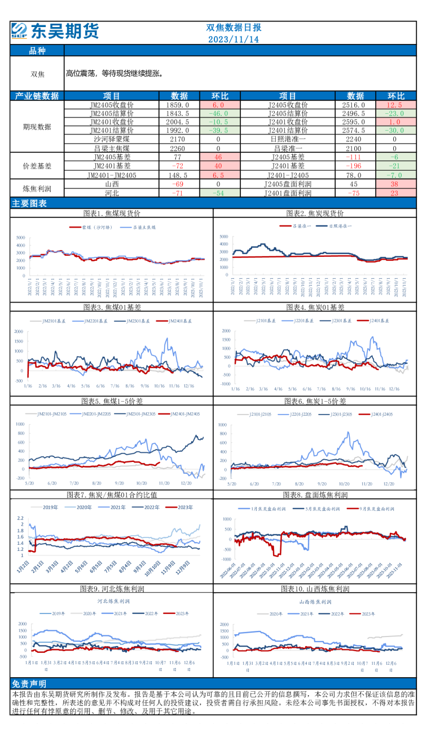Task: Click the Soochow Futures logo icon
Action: coord(19,30)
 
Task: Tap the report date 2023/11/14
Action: coord(233,39)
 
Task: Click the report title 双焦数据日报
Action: coord(233,28)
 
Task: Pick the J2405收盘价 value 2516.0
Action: coord(354,105)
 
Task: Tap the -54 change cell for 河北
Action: coord(218,193)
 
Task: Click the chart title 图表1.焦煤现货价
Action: coord(112,213)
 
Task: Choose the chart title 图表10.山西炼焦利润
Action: coord(315,589)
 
